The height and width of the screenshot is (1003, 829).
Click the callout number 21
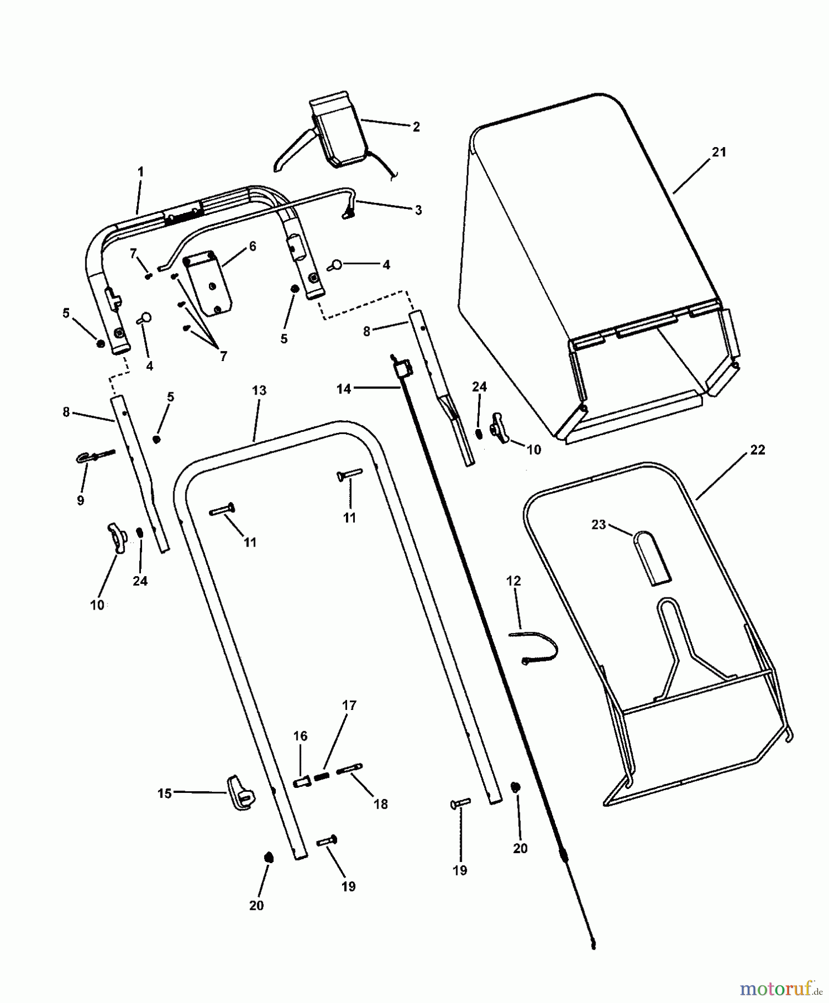[719, 152]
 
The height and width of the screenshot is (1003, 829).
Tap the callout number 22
[758, 450]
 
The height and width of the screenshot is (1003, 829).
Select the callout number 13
[259, 391]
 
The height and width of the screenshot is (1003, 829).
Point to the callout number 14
[344, 389]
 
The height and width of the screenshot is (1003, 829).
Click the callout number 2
[416, 126]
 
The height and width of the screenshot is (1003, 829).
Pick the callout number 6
[252, 246]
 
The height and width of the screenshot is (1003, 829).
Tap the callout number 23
[598, 525]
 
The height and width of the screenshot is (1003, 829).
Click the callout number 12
[513, 581]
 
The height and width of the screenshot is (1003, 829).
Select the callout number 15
[164, 793]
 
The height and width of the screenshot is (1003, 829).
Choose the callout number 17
[349, 705]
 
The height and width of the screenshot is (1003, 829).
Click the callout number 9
[81, 500]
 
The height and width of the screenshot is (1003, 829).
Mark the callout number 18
[381, 804]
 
